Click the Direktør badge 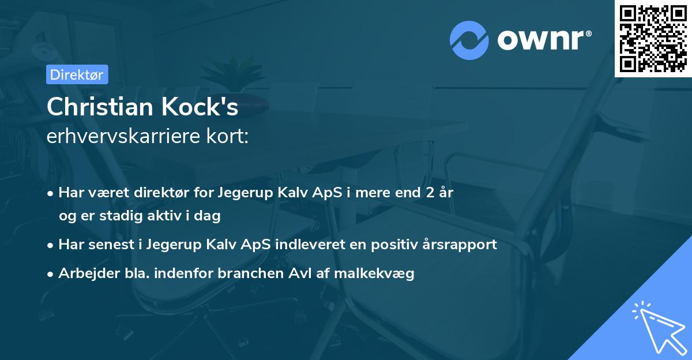click(x=77, y=74)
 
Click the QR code click(x=653, y=38)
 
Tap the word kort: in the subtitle click(x=230, y=137)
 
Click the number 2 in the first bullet click(x=428, y=192)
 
